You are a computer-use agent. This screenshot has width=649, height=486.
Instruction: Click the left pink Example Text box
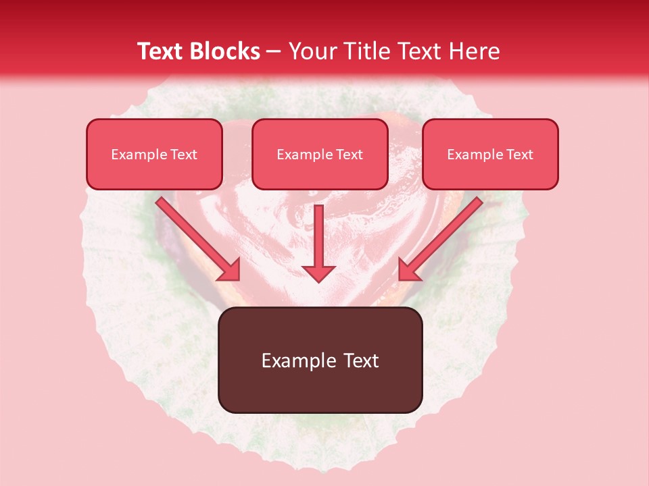click(x=154, y=154)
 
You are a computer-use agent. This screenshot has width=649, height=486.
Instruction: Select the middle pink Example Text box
click(x=320, y=154)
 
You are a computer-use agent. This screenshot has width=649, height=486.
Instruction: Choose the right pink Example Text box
click(x=490, y=154)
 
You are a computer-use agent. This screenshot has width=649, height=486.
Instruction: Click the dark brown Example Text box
click(x=320, y=360)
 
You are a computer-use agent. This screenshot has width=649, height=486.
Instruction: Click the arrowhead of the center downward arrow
click(x=318, y=273)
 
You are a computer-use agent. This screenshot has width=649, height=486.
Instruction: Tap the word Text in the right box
click(x=519, y=155)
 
